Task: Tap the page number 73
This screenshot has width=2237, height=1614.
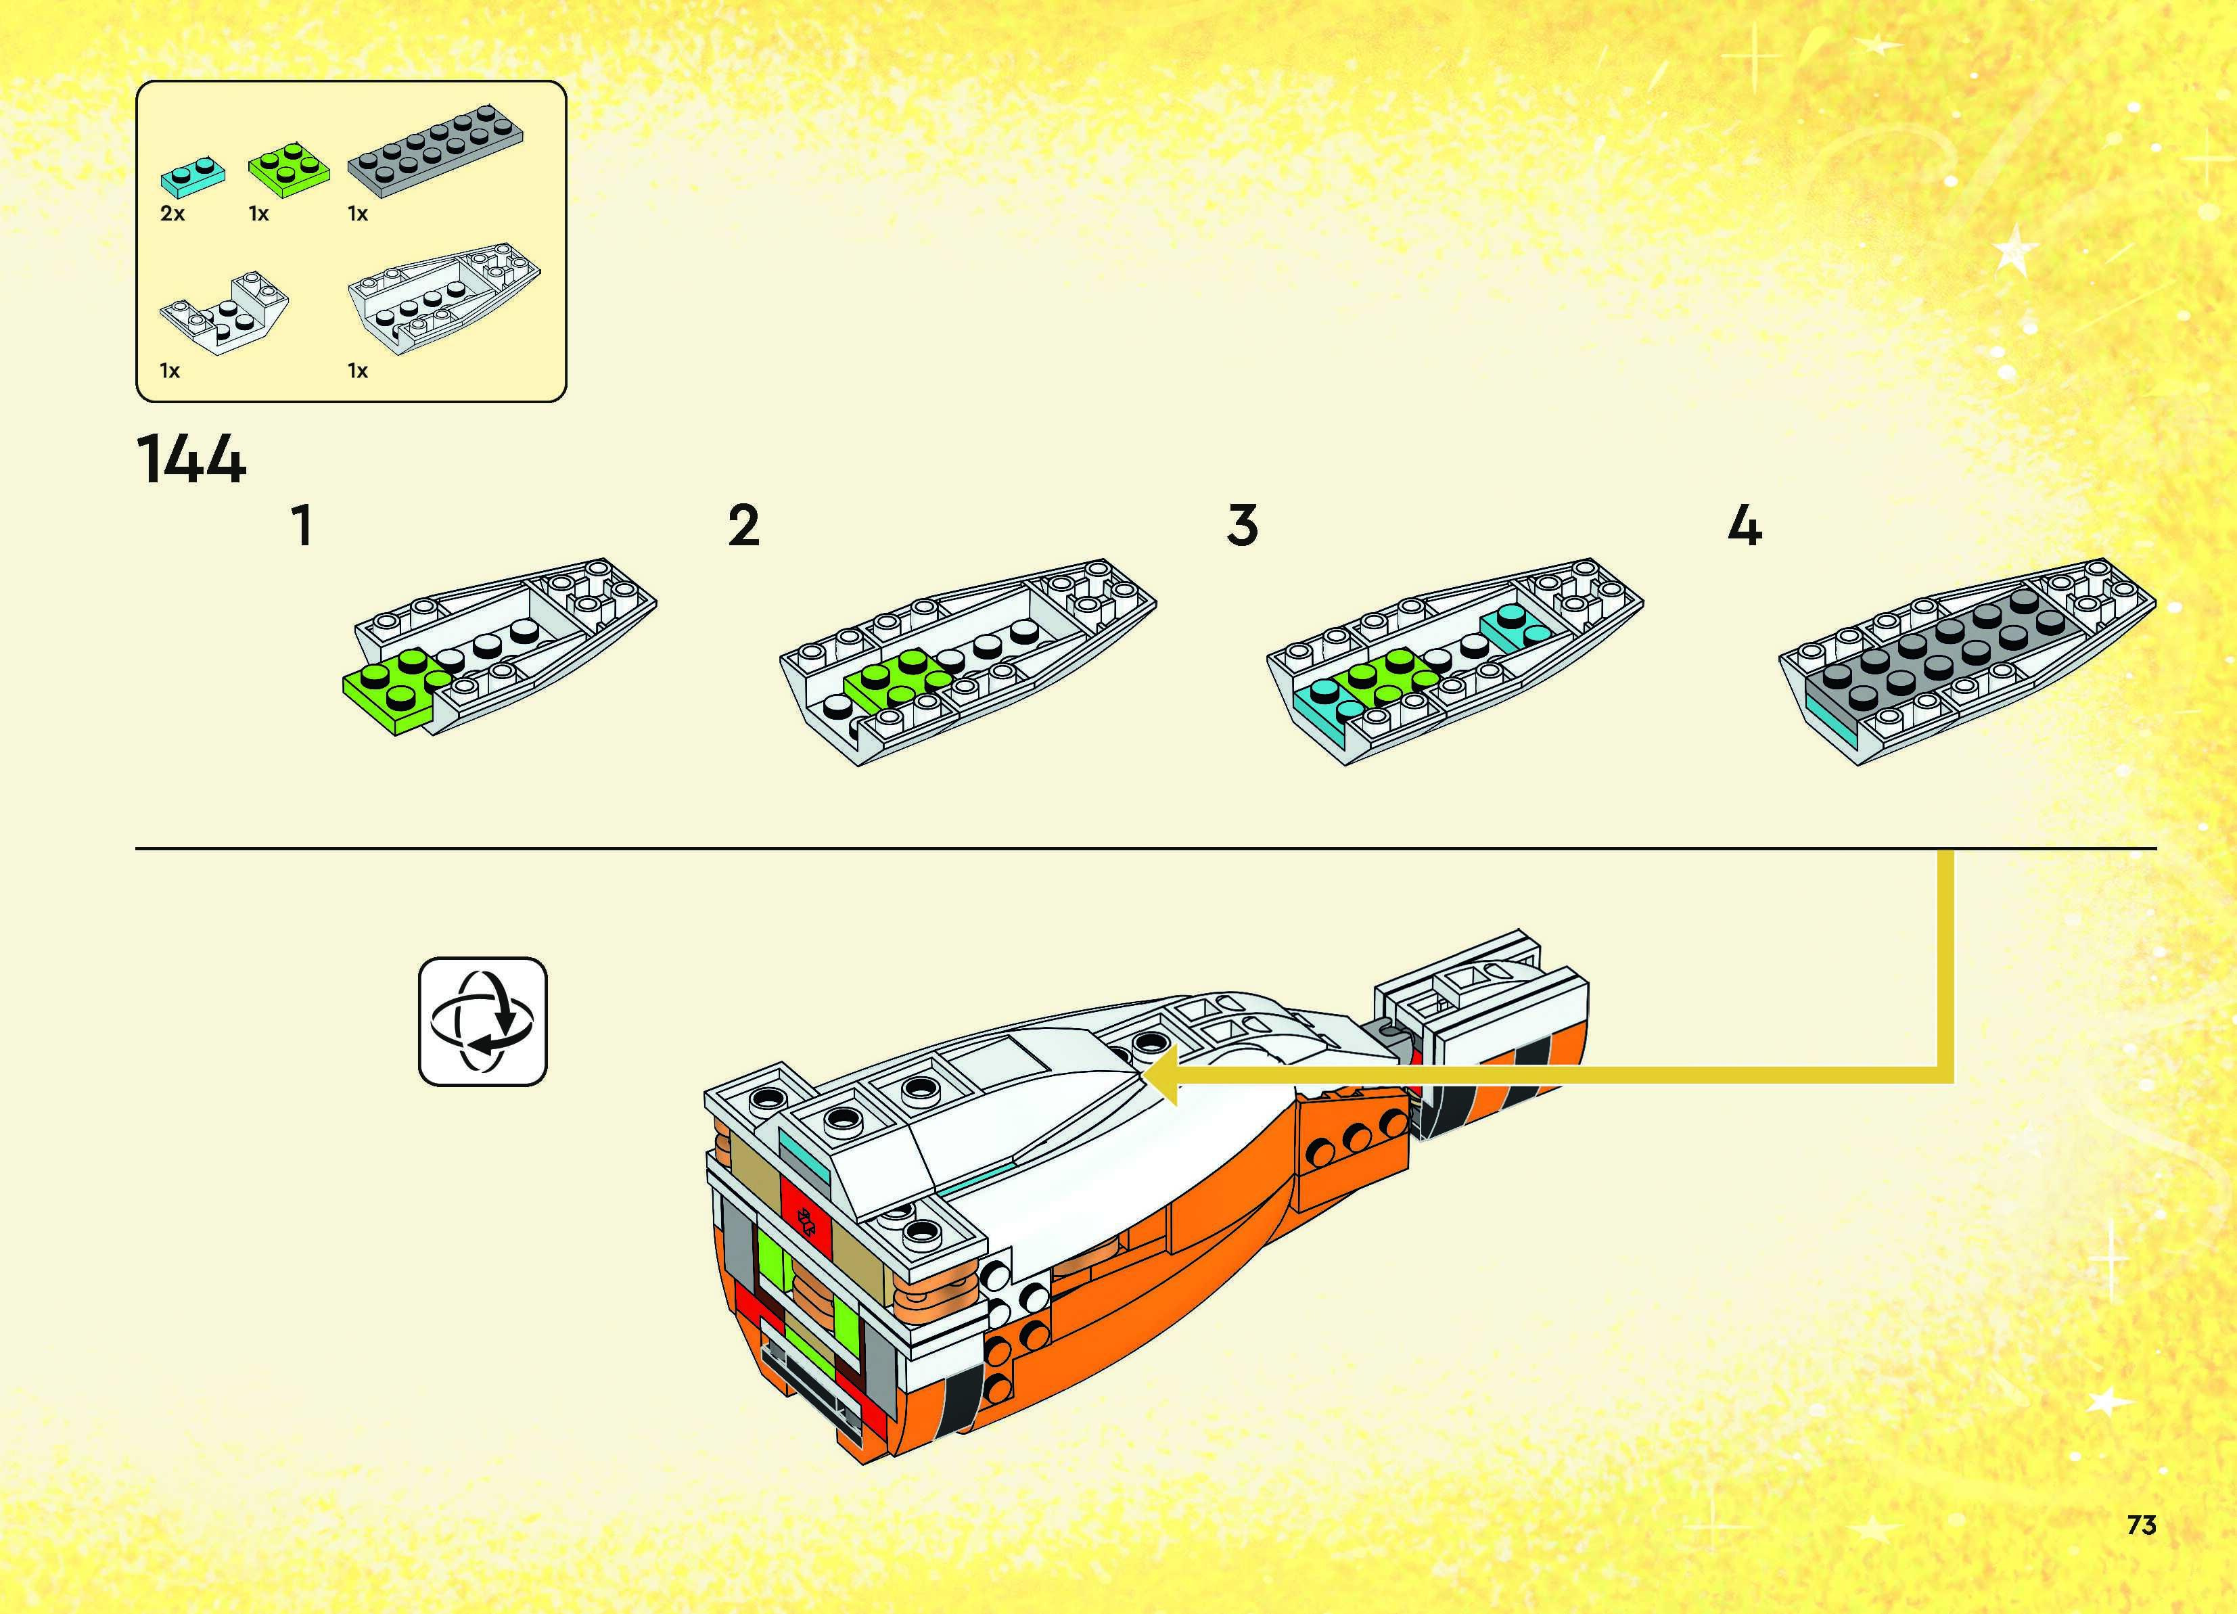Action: (x=2142, y=1525)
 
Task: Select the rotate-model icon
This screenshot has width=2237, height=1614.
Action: (x=482, y=1021)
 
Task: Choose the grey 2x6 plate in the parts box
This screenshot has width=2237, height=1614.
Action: (x=435, y=151)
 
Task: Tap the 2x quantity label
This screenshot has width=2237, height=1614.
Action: (x=172, y=214)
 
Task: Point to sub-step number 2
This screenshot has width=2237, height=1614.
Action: (x=743, y=526)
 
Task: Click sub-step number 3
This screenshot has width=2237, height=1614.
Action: (x=1243, y=526)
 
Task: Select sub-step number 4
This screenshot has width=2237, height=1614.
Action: (x=1744, y=526)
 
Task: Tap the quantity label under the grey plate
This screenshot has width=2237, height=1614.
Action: (x=357, y=214)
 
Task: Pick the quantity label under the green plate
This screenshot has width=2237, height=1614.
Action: (x=258, y=214)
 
